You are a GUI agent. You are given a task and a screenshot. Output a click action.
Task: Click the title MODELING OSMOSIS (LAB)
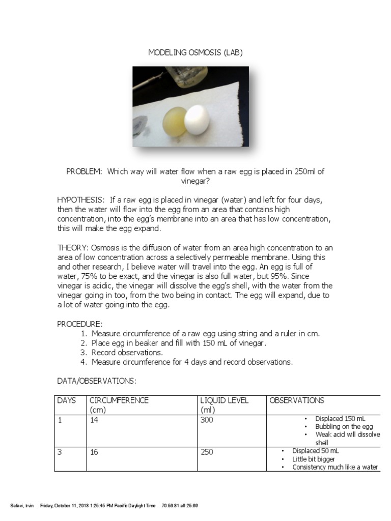[195, 52]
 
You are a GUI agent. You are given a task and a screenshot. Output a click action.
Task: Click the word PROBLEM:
[84, 171]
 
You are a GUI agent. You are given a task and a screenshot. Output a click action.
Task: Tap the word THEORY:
[73, 248]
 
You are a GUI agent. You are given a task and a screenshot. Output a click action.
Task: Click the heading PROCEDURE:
[79, 324]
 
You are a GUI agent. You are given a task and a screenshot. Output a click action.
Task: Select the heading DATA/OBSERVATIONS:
[97, 381]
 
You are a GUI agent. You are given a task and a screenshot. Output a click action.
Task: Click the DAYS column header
[67, 400]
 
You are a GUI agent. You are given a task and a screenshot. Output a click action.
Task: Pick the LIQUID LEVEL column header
[225, 400]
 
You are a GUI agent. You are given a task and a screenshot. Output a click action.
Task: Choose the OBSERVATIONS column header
[297, 400]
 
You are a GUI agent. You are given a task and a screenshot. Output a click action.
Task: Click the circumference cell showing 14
[94, 420]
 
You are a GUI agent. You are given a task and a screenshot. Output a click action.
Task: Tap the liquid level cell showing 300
[207, 420]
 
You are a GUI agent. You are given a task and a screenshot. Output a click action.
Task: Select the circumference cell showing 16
[94, 452]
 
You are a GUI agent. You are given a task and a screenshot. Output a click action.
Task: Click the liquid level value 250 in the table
[207, 452]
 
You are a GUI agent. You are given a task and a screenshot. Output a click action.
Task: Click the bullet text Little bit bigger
[314, 459]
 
